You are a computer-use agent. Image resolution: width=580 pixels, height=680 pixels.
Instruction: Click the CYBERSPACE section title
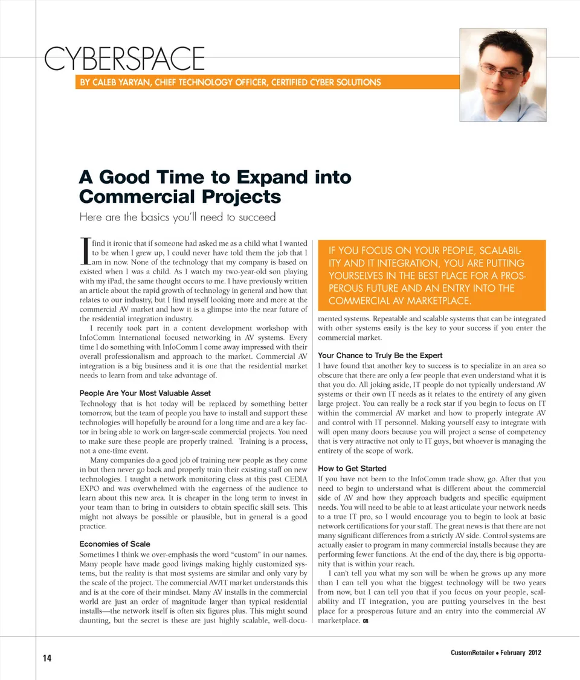[124, 59]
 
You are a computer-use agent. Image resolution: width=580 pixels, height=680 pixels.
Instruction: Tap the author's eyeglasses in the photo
[503, 72]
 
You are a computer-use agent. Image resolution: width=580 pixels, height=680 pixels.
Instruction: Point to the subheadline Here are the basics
[177, 217]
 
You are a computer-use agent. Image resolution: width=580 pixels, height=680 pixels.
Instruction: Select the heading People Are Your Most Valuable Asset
[145, 393]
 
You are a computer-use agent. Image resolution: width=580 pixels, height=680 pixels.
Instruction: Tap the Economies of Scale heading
[115, 544]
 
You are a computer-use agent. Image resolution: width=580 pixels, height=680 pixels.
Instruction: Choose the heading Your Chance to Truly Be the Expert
[380, 355]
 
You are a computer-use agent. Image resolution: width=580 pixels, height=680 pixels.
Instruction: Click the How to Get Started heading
[352, 469]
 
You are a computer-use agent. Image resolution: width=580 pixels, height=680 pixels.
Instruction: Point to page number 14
[47, 658]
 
